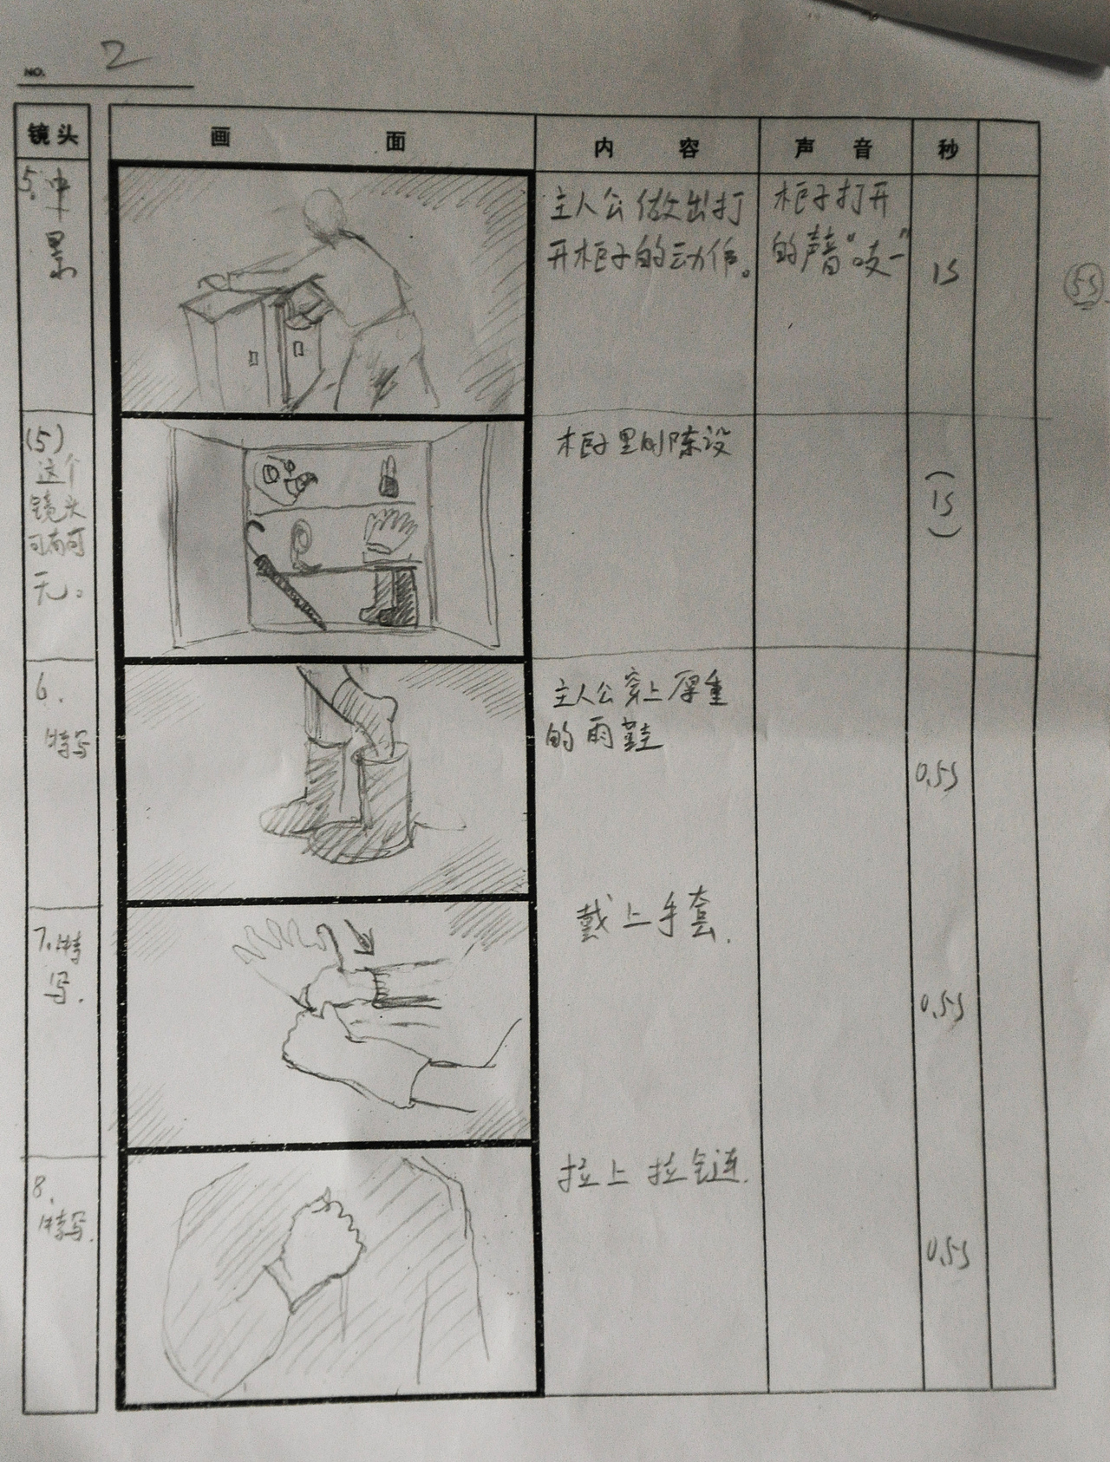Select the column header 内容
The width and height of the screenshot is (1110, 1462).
point(646,147)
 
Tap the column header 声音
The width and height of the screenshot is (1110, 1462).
point(833,147)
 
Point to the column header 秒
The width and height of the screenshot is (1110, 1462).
point(947,148)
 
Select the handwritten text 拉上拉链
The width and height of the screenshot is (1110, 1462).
point(650,1175)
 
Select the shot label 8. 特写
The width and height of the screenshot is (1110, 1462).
point(57,1209)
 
